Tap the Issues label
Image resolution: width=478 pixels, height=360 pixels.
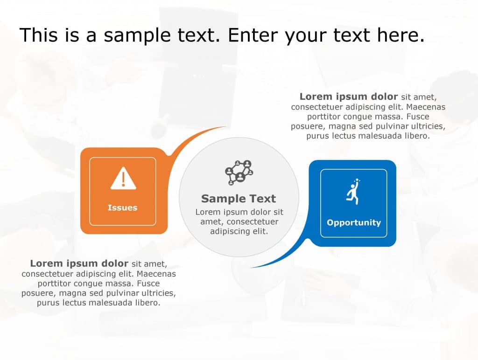click(122, 208)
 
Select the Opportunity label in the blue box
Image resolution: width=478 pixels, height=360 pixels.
click(353, 223)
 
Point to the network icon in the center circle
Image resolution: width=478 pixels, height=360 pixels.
click(239, 172)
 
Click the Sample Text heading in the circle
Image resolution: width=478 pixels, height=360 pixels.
click(239, 199)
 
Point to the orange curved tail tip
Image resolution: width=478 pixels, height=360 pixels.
click(225, 127)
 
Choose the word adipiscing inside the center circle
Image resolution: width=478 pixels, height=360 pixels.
click(232, 231)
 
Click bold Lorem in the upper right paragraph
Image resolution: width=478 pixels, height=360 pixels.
click(315, 97)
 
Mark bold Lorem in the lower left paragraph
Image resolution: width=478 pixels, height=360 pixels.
click(46, 263)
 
